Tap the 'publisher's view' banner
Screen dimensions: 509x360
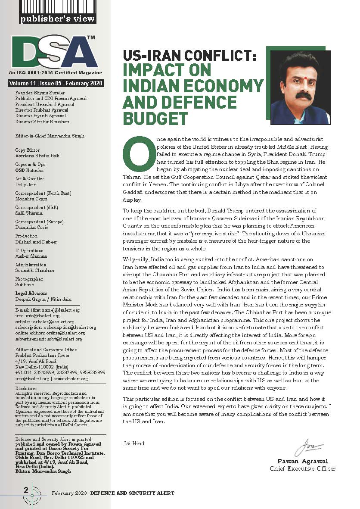[58, 19]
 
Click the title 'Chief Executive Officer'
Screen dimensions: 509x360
[302, 468]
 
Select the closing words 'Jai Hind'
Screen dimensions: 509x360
[133, 443]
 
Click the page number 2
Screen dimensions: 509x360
[26, 490]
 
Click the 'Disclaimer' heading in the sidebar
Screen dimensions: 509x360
[26, 387]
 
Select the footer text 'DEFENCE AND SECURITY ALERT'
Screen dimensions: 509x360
[132, 493]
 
